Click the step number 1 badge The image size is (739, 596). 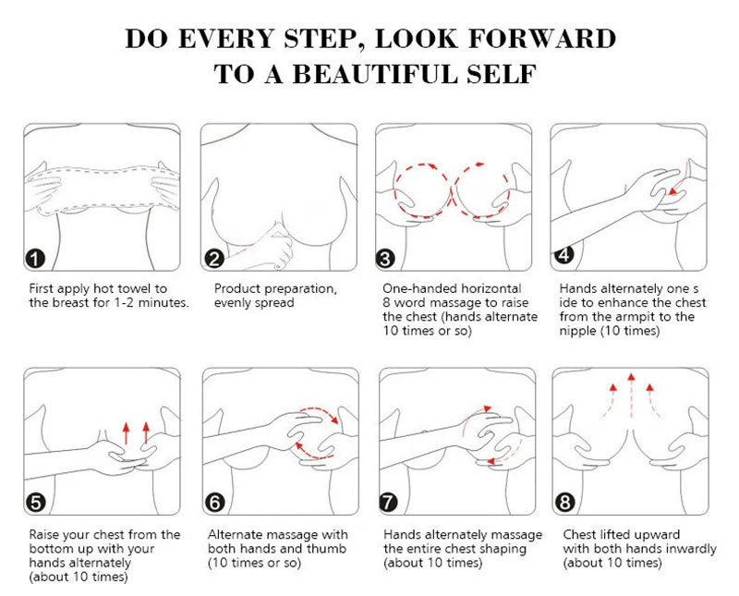tap(35, 259)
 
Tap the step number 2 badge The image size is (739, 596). tap(214, 259)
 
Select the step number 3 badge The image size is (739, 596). tap(385, 259)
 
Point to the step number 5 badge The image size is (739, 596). tap(36, 503)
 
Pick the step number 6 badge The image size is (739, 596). tap(215, 503)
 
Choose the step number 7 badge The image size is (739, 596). tap(388, 503)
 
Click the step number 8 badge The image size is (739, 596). tap(565, 503)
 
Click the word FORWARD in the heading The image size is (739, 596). tap(542, 39)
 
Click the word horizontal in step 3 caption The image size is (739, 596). tap(491, 288)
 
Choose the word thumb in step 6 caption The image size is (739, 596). tap(326, 549)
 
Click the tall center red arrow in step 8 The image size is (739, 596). tap(631, 395)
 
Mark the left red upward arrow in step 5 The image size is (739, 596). tap(126, 433)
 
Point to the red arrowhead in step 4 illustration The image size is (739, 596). tap(672, 191)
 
